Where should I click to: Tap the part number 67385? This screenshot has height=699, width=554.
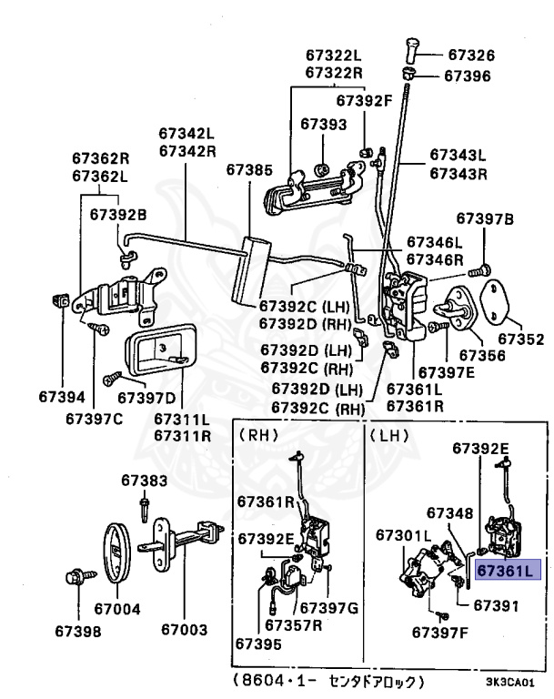click(x=249, y=169)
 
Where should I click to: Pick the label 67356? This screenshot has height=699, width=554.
click(x=482, y=355)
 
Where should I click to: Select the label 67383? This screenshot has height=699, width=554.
click(x=145, y=479)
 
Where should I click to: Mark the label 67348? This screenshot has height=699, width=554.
click(x=449, y=513)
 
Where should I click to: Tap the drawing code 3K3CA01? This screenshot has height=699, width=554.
click(x=509, y=681)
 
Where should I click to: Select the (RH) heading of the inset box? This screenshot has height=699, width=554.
click(x=257, y=435)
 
